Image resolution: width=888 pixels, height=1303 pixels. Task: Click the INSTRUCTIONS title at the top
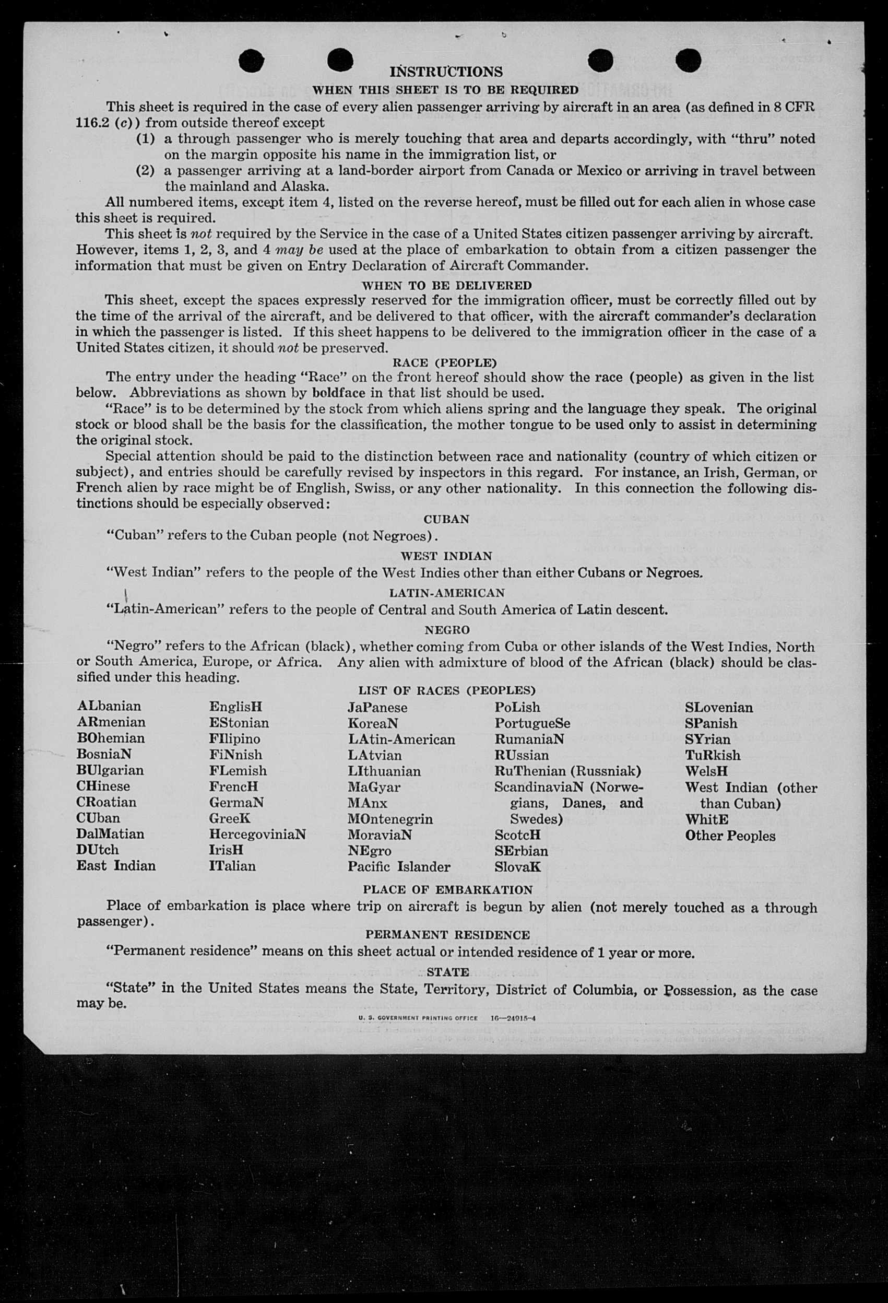(446, 72)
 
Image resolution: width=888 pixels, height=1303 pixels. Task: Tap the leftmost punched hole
(251, 61)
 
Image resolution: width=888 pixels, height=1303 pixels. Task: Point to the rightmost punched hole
(688, 61)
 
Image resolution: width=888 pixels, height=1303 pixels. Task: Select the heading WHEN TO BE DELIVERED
(446, 285)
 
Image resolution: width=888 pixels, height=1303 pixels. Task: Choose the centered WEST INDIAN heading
(446, 556)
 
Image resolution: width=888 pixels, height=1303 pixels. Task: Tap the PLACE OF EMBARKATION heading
(447, 890)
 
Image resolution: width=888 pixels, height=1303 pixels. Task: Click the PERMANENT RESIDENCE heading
(447, 935)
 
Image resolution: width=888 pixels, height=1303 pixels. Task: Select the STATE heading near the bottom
(447, 972)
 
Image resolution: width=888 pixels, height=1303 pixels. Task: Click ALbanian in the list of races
(109, 706)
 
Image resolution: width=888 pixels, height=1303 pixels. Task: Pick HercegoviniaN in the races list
(257, 834)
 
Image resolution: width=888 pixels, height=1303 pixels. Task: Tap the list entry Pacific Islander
(399, 867)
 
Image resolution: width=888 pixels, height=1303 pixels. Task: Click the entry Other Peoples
(730, 836)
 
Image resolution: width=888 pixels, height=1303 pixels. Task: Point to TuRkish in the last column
(712, 755)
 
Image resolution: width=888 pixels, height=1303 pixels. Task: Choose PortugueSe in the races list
(532, 723)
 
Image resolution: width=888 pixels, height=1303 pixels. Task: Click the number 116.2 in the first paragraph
(92, 123)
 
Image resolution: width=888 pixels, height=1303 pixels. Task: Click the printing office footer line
(447, 1018)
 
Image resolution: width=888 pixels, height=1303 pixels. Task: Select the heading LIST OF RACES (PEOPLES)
(447, 690)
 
